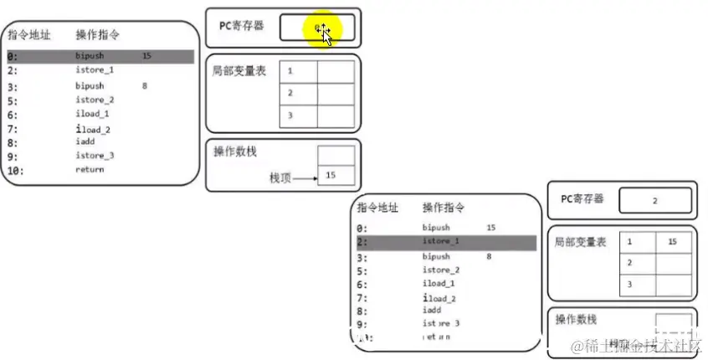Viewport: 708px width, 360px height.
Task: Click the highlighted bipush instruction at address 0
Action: pos(90,57)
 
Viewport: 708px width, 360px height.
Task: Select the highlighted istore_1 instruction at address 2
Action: pos(440,242)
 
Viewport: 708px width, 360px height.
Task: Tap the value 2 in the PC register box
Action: pos(654,201)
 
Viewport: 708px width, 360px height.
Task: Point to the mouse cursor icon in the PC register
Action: pos(324,34)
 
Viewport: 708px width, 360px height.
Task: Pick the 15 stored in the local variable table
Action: pos(672,242)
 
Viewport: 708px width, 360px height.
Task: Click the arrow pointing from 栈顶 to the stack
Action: pos(305,177)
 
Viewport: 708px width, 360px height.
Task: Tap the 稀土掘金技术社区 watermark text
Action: pos(641,345)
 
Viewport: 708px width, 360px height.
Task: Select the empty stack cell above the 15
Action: pos(336,155)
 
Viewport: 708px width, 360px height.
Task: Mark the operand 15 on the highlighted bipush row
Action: pos(147,57)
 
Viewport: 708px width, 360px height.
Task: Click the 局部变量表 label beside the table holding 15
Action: pos(580,241)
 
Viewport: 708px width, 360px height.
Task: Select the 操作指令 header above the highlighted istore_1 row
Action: pos(444,207)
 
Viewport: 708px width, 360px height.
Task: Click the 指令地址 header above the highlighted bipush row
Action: pos(29,35)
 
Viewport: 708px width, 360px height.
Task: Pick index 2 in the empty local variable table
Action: pos(290,93)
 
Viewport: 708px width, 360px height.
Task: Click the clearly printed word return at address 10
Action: pos(90,169)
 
